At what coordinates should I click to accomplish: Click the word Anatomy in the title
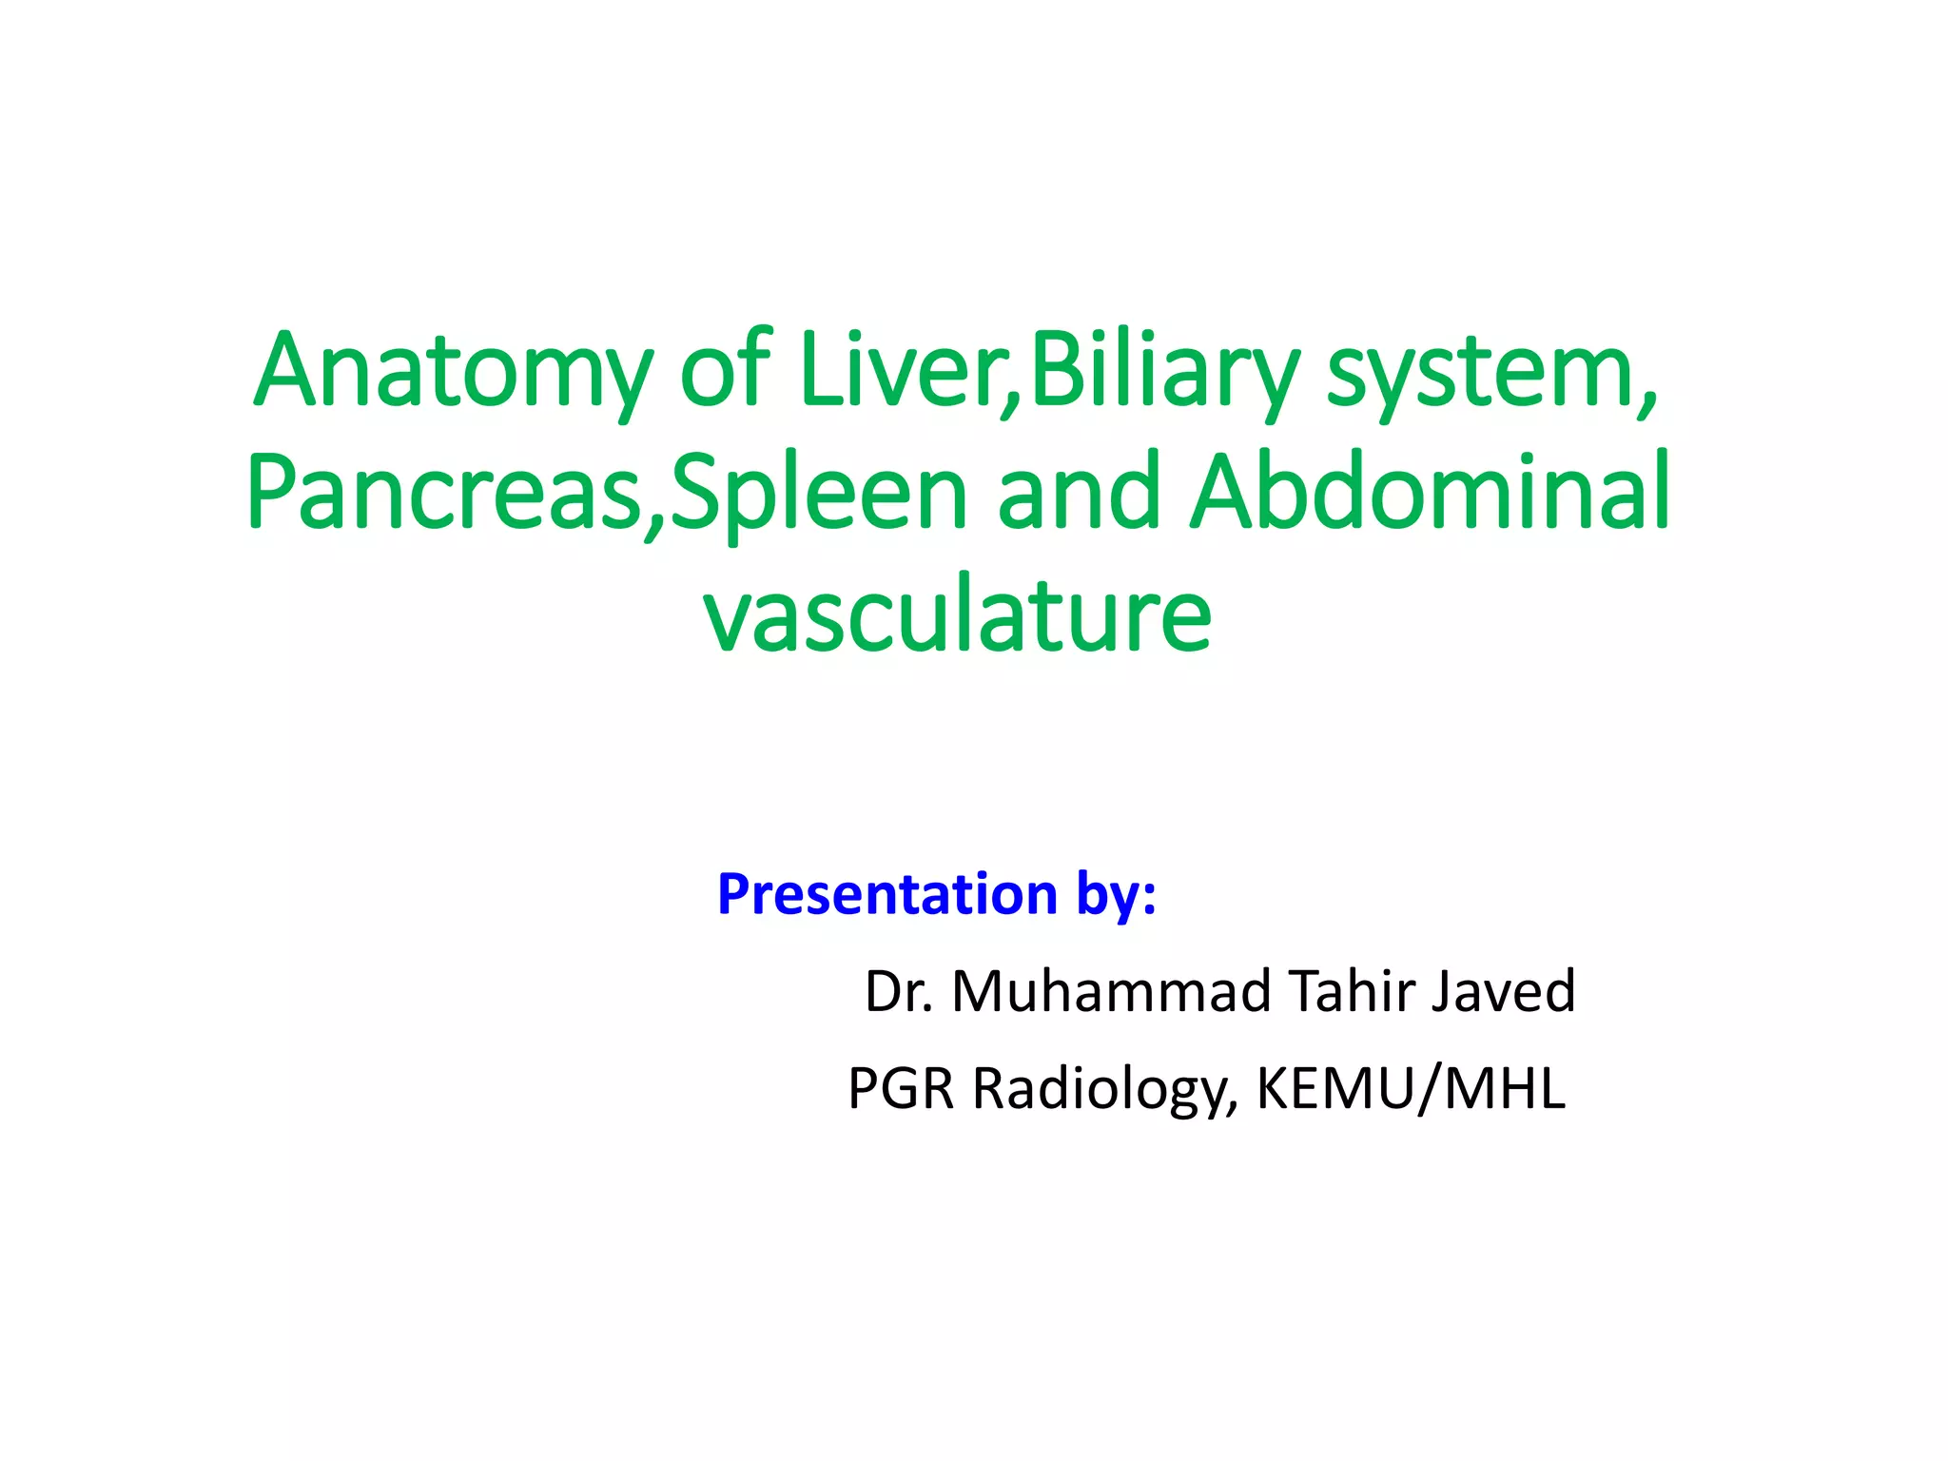[453, 371]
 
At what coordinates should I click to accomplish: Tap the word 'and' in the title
[1079, 492]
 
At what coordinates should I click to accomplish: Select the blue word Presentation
[887, 894]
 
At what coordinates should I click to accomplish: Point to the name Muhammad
[1111, 991]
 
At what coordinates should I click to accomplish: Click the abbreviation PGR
[901, 1088]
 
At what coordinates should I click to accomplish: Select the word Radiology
[1103, 1090]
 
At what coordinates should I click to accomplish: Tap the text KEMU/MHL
[1410, 1088]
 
